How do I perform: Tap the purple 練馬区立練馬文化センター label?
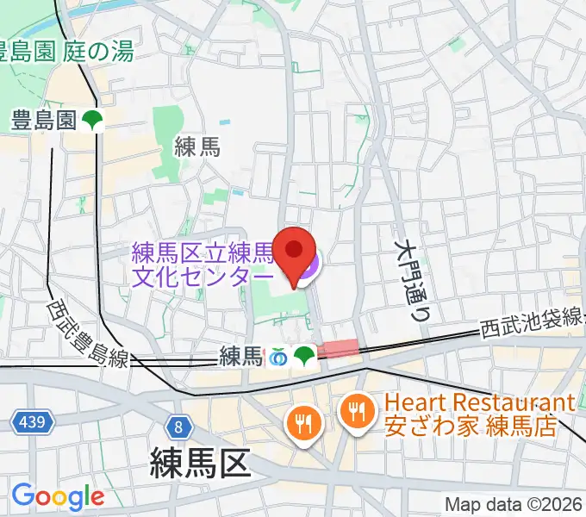pyautogui.click(x=203, y=265)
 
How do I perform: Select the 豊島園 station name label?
pyautogui.click(x=44, y=121)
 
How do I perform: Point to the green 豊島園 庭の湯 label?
pyautogui.click(x=67, y=52)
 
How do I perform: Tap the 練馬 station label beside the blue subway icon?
pyautogui.click(x=240, y=354)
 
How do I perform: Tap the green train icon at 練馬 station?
pyautogui.click(x=303, y=354)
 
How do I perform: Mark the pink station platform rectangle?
pyautogui.click(x=339, y=348)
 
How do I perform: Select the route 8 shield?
pyautogui.click(x=178, y=427)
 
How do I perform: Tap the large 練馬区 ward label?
pyautogui.click(x=200, y=462)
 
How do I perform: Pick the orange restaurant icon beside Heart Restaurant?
pyautogui.click(x=355, y=409)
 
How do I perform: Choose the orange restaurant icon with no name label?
pyautogui.click(x=303, y=423)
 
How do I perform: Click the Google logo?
pyautogui.click(x=58, y=497)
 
